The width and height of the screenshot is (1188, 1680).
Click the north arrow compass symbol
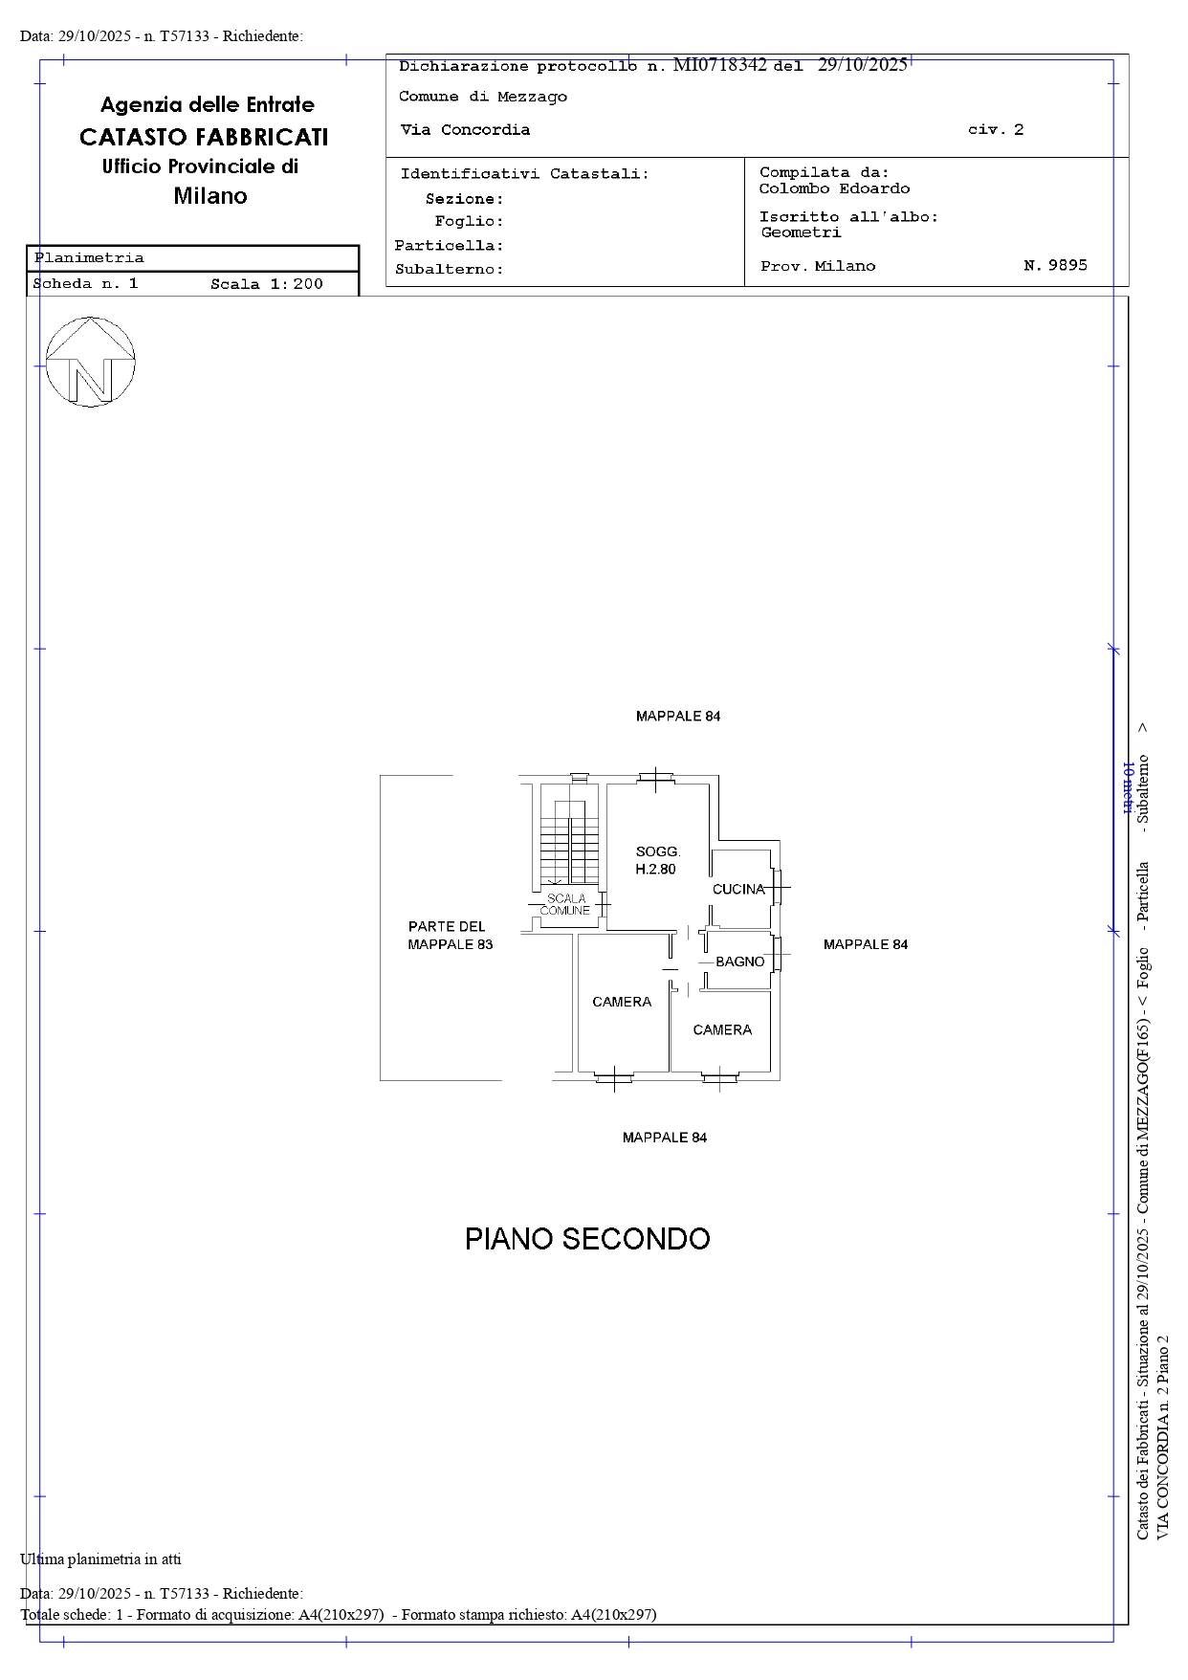pos(91,362)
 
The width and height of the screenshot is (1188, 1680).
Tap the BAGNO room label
pos(740,962)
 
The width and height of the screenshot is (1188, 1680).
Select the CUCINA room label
pos(738,889)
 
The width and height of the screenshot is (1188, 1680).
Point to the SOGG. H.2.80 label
pos(657,860)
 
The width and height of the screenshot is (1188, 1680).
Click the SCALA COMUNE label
pos(565,904)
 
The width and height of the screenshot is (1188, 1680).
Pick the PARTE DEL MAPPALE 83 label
pos(450,935)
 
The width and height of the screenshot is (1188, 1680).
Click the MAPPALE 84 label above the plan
pos(678,716)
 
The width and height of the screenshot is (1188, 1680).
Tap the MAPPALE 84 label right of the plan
pos(866,944)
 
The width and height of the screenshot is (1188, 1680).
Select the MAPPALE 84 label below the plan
pos(665,1138)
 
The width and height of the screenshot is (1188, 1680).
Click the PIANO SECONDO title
pos(587,1239)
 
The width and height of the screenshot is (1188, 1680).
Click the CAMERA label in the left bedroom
pos(622,1002)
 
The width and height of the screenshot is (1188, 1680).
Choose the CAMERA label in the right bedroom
pos(722,1029)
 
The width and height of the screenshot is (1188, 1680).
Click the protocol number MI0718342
pos(720,65)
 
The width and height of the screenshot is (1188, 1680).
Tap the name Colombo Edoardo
pos(834,188)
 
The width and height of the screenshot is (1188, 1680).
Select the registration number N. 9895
pos(1055,265)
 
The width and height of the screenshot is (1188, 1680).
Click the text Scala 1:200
pos(267,284)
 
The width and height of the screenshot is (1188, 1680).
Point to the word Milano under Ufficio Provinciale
pos(210,196)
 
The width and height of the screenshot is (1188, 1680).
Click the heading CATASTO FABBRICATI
pos(204,137)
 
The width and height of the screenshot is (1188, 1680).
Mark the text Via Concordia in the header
pos(465,130)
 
